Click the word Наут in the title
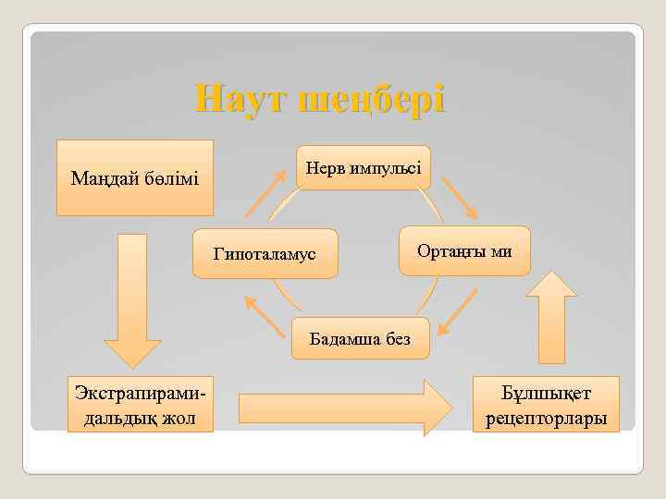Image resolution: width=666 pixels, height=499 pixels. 241,98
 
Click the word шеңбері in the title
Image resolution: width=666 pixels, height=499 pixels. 374,99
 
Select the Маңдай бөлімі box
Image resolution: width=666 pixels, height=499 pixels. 135,177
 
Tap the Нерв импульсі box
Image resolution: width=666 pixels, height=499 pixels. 363,167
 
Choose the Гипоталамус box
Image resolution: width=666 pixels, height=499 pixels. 265,252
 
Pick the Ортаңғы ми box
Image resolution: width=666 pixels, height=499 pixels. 464,250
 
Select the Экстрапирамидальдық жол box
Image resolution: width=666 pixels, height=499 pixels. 139,404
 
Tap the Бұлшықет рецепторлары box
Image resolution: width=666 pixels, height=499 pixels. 546,404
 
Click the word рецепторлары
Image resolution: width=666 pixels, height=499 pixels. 546,419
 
